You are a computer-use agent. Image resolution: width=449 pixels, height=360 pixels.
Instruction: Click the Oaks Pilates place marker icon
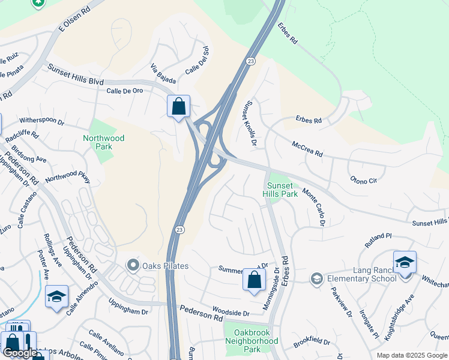coord(133,265)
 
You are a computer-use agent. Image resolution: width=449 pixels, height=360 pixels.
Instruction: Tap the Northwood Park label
coord(104,142)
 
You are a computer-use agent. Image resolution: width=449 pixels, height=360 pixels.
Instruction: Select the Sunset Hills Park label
coord(280,190)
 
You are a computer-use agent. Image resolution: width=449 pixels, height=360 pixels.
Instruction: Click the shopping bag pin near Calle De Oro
coord(178,107)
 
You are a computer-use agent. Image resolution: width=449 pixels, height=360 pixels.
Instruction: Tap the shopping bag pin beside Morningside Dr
coord(254,280)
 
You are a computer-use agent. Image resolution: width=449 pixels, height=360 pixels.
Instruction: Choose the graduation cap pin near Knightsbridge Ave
coord(405,262)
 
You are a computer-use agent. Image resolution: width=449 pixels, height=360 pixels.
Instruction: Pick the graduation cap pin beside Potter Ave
coord(56,296)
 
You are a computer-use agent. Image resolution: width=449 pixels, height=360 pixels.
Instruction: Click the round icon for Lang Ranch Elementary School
coord(316,278)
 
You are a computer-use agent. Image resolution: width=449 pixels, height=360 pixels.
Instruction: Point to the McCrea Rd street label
coord(307,149)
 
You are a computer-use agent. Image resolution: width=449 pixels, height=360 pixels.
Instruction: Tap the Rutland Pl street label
coord(378,241)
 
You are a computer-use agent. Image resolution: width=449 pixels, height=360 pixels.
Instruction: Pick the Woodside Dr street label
coord(231,313)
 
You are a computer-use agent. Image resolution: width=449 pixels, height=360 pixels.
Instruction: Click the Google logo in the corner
coord(19,353)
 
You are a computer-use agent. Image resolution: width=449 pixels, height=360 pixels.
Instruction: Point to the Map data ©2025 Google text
coord(411,355)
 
